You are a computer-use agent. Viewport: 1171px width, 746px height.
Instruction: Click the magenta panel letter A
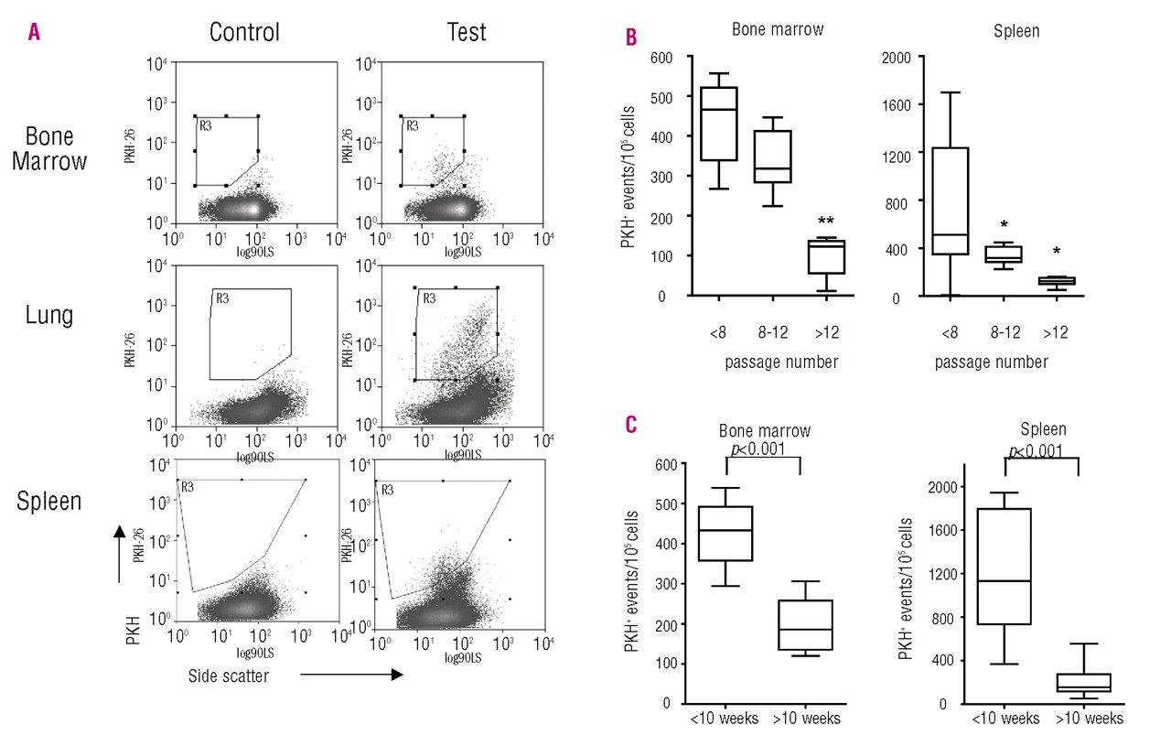pos(34,33)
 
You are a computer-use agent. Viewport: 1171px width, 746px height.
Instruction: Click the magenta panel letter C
pos(631,426)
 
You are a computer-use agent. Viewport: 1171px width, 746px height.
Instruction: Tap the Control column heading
pos(244,33)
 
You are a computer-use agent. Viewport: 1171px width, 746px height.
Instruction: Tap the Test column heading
pos(466,33)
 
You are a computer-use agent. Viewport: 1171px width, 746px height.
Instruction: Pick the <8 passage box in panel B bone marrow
pos(719,124)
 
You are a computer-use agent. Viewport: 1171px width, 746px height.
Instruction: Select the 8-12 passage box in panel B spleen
pos(1003,254)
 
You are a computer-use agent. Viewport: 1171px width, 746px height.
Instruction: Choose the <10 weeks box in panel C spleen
pos(1004,567)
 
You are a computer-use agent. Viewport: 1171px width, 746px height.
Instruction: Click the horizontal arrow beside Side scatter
pos(352,676)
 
